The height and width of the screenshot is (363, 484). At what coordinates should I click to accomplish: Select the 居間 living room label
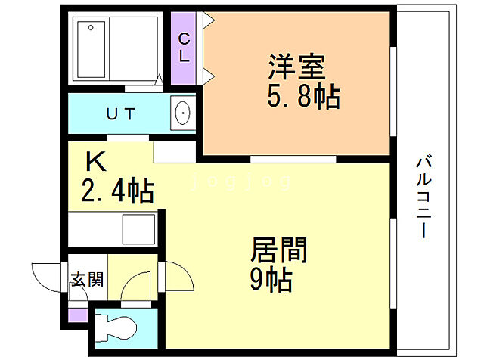278,250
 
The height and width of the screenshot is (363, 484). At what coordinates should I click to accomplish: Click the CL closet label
184,46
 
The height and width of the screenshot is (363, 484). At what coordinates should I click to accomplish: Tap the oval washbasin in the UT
182,114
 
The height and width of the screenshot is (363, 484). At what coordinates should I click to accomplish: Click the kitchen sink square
138,226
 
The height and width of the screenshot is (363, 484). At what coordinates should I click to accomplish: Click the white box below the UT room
175,150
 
